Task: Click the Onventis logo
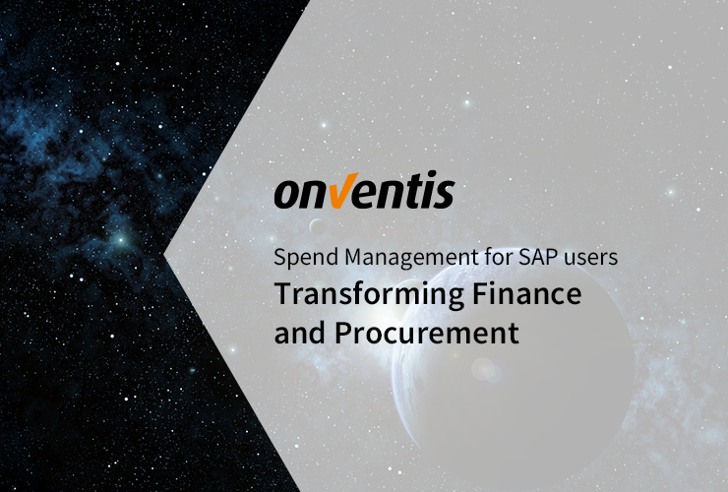[x=363, y=193]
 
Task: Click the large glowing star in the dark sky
[x=119, y=239]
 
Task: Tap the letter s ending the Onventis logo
[x=444, y=195]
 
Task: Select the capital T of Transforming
[x=282, y=294]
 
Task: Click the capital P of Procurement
[x=343, y=333]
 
